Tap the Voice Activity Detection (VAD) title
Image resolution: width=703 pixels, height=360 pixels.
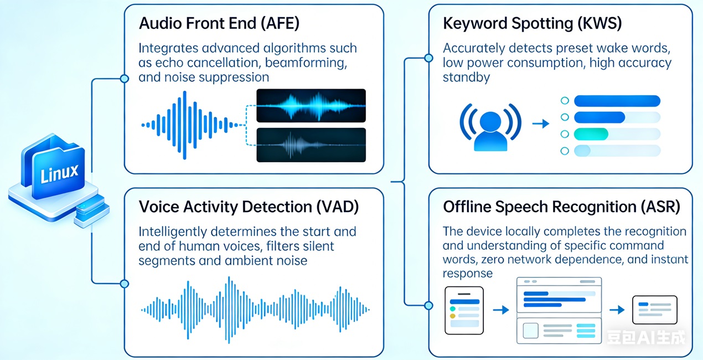(x=249, y=207)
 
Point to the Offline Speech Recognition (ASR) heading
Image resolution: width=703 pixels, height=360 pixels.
(x=561, y=207)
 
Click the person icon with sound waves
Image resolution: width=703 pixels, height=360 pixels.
(x=490, y=124)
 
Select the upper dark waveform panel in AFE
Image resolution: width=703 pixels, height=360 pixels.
(x=311, y=105)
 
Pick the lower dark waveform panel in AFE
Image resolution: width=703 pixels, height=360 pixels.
(x=311, y=145)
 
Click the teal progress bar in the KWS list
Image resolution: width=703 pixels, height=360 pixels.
(x=591, y=134)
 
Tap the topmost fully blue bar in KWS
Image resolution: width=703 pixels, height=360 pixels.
(x=617, y=101)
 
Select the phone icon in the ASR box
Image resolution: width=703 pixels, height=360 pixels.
(x=464, y=310)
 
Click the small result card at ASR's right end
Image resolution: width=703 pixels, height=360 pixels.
(x=655, y=310)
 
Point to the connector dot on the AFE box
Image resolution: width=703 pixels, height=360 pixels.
(x=125, y=79)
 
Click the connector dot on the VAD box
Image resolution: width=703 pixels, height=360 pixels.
(x=125, y=284)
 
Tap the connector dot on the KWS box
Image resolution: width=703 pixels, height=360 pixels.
(x=428, y=58)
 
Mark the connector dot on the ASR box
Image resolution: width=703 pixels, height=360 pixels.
(x=428, y=305)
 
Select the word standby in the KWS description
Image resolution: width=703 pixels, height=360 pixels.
(x=466, y=78)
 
